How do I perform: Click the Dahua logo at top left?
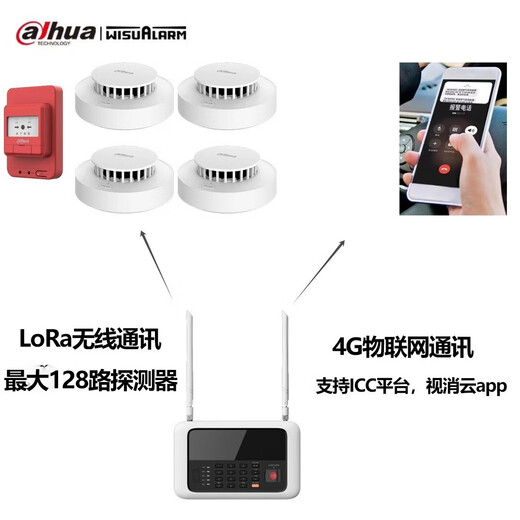point(54,32)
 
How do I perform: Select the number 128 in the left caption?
point(87,380)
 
